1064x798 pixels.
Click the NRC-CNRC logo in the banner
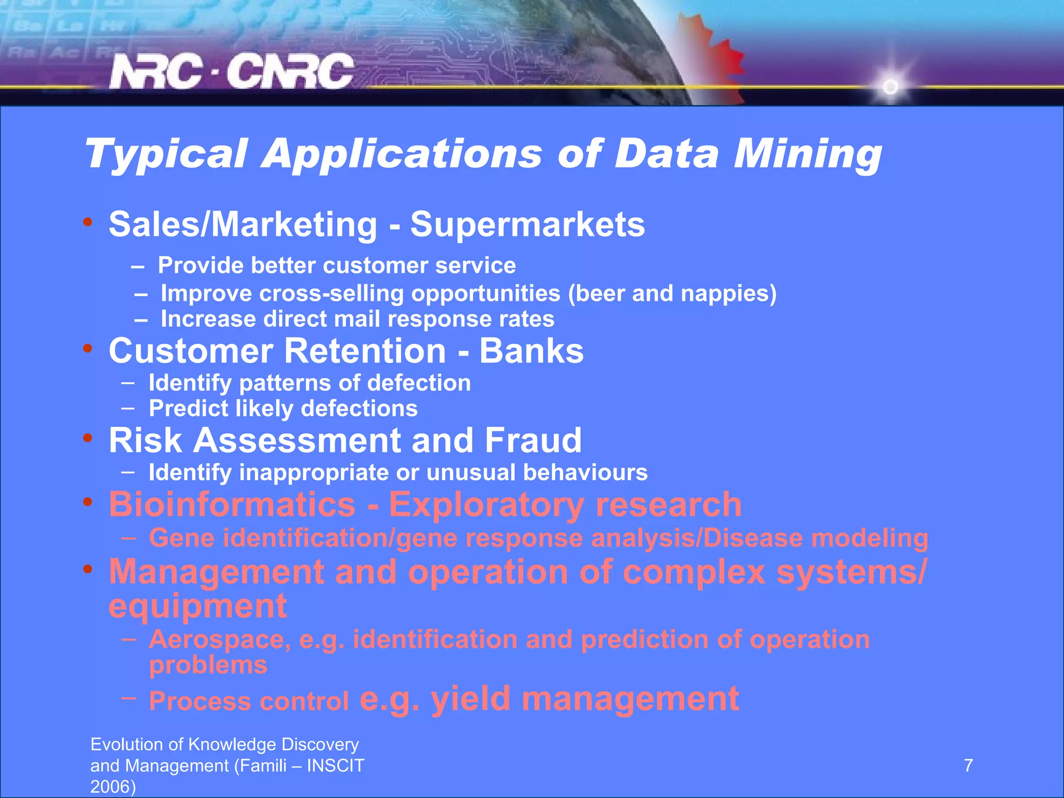(x=231, y=72)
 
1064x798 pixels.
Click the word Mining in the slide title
(x=807, y=154)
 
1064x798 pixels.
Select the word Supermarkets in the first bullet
(x=527, y=224)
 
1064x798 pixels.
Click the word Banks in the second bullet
(x=531, y=351)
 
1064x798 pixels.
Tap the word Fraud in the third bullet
(x=533, y=441)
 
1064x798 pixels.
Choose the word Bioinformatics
(x=232, y=504)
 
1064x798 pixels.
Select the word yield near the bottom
(x=471, y=699)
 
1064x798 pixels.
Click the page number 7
(x=968, y=766)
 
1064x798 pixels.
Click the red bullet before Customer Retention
(x=88, y=349)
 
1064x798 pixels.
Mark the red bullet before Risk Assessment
(x=88, y=438)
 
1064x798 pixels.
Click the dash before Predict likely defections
(x=128, y=408)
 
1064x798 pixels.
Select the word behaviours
(x=585, y=473)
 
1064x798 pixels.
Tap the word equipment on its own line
(x=197, y=606)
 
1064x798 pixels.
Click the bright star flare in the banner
(x=890, y=86)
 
